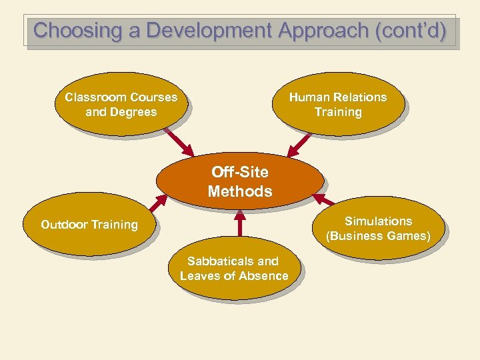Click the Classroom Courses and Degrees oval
click(121, 105)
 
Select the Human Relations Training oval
click(338, 105)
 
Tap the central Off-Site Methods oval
click(240, 182)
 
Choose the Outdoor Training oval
click(89, 225)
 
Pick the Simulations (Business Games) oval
click(378, 228)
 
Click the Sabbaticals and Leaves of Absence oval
click(234, 268)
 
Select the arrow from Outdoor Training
click(159, 203)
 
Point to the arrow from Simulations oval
click(324, 199)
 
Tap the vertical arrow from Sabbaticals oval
click(238, 223)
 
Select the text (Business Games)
click(378, 236)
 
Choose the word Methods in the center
click(240, 191)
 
